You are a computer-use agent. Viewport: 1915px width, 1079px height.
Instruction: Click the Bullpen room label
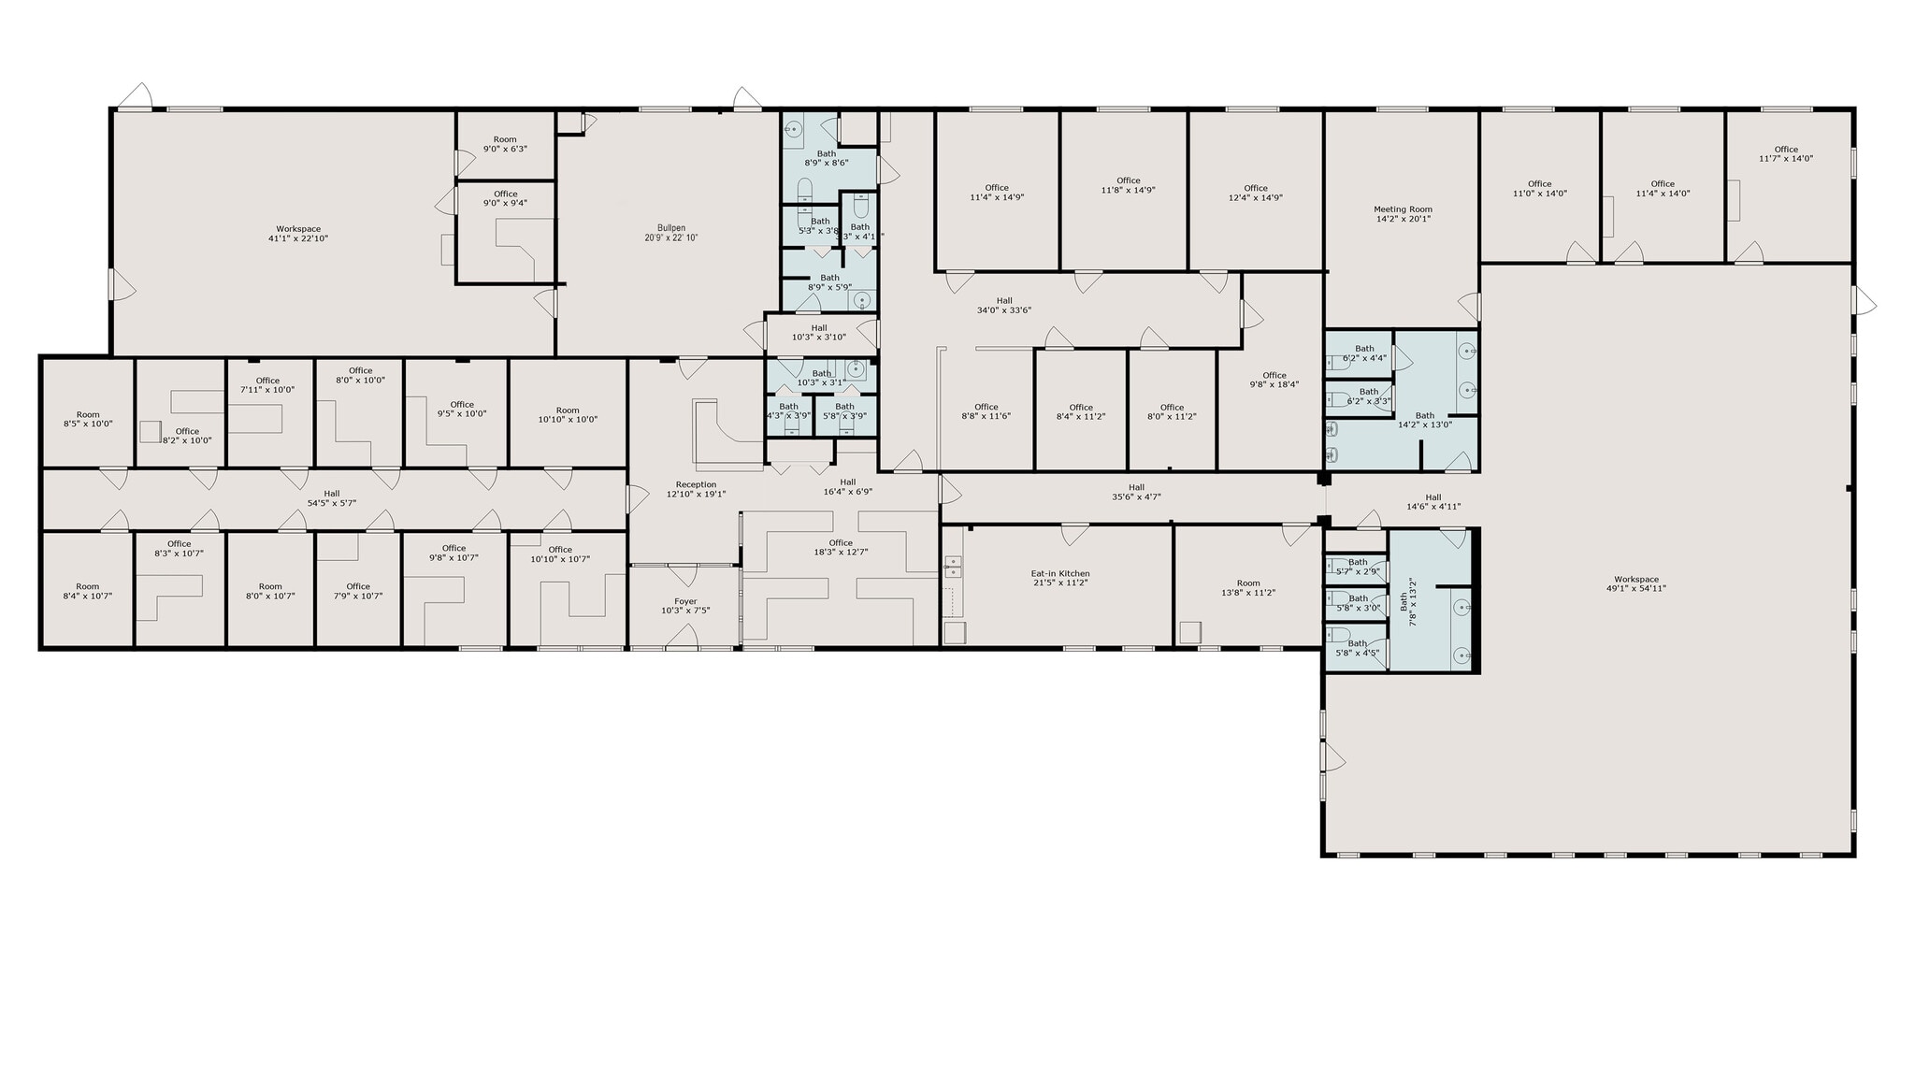tap(670, 233)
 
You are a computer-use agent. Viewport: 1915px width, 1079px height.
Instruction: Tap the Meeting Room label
tap(1403, 214)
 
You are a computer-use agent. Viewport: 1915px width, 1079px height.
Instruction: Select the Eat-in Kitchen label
tap(1060, 578)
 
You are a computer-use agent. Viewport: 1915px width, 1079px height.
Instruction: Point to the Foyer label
tap(685, 606)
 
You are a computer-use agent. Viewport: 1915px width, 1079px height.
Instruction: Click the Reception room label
tap(696, 489)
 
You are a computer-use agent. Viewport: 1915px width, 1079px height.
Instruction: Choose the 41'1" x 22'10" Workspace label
tap(298, 234)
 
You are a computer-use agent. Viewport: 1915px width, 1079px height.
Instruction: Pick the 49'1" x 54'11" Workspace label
tap(1635, 583)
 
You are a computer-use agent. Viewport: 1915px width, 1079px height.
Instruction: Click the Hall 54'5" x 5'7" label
tap(332, 498)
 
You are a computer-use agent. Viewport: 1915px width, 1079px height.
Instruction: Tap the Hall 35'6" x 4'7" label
tap(1136, 492)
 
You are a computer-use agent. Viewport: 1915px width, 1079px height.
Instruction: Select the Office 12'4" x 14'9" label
tap(1256, 193)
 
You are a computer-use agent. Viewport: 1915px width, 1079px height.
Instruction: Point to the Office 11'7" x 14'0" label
tap(1786, 153)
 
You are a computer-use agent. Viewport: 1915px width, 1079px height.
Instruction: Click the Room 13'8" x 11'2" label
tap(1248, 587)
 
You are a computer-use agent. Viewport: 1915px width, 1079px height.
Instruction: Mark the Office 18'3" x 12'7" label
tap(841, 547)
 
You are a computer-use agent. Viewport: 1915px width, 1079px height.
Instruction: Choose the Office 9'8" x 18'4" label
tap(1274, 380)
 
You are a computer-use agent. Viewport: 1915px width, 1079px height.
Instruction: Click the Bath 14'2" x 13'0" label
tap(1424, 420)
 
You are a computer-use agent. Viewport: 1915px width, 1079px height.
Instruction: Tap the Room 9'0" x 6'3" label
tap(505, 144)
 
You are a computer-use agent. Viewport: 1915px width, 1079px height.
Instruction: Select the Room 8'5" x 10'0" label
tap(88, 419)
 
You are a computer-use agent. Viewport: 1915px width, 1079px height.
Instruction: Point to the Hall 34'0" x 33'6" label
tap(1004, 305)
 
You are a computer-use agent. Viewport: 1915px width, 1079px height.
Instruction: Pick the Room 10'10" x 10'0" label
tap(568, 415)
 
